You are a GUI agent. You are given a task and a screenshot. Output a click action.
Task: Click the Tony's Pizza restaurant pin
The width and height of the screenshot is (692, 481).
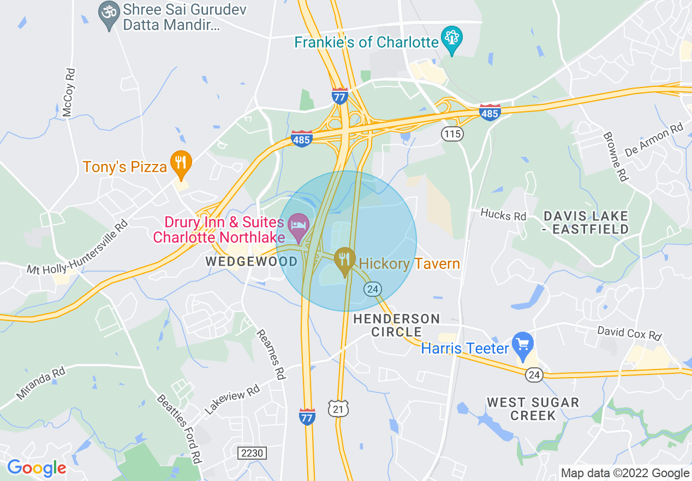(x=181, y=163)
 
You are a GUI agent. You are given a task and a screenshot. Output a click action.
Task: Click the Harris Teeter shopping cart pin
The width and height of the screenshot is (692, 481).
(x=523, y=345)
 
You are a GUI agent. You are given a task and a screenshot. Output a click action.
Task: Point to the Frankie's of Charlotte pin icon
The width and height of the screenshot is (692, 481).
(x=452, y=39)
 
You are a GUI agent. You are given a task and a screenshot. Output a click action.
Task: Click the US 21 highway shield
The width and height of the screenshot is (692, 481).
(x=338, y=408)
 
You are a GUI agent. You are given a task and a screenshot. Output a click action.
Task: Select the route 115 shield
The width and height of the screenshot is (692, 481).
(x=452, y=133)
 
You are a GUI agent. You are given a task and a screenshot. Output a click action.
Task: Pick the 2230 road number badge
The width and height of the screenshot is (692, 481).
(x=252, y=453)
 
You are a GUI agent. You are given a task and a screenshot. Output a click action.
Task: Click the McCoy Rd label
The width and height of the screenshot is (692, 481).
(x=68, y=93)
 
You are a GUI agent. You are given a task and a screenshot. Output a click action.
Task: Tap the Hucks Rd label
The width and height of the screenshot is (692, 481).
(x=503, y=214)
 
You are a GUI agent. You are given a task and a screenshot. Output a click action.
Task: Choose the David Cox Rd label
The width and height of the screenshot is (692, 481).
(x=629, y=333)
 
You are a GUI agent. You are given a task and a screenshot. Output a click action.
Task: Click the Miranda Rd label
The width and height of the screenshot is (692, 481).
(x=41, y=384)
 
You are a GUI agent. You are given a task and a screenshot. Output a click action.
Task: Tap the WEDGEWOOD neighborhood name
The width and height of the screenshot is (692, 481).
(x=252, y=261)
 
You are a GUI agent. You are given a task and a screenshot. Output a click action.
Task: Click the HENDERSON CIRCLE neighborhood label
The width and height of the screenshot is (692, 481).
(x=396, y=325)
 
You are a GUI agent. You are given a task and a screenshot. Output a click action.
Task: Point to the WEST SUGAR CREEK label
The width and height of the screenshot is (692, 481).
(x=525, y=409)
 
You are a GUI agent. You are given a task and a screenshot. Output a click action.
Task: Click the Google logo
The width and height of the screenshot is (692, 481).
(x=37, y=468)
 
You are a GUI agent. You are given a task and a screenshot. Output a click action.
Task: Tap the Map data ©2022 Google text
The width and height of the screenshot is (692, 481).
(x=625, y=473)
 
